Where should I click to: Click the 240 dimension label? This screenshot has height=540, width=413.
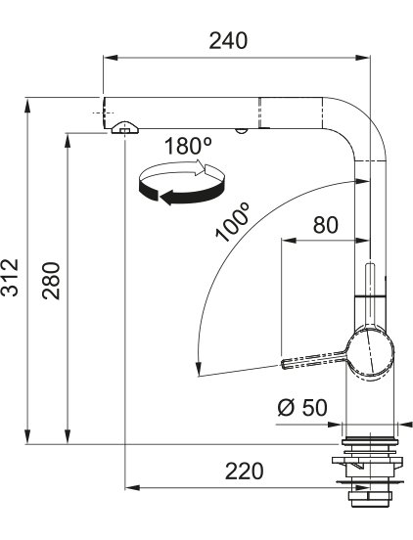(228, 41)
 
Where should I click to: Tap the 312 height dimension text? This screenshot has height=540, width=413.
(10, 277)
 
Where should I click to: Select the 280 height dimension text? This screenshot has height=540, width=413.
(51, 281)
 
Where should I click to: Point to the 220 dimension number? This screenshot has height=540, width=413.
(245, 472)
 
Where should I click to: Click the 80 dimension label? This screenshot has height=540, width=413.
(326, 225)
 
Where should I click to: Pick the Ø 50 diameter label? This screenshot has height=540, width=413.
(302, 408)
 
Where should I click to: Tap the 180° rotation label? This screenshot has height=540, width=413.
(188, 146)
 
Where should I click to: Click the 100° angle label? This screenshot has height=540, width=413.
(232, 222)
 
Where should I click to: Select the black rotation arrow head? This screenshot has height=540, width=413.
(166, 198)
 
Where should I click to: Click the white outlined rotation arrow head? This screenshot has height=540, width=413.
(201, 167)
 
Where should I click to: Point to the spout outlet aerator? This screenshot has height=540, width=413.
(125, 128)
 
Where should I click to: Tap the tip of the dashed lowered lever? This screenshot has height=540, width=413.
(284, 365)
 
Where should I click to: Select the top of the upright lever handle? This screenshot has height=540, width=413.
(370, 264)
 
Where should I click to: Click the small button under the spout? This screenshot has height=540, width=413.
(240, 131)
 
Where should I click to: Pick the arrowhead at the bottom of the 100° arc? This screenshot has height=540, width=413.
(198, 369)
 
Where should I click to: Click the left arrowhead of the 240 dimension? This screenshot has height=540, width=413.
(111, 57)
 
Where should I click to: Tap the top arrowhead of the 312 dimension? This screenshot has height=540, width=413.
(27, 105)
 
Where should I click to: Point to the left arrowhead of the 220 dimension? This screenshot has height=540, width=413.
(133, 487)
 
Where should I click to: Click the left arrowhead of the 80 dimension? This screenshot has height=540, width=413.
(289, 240)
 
